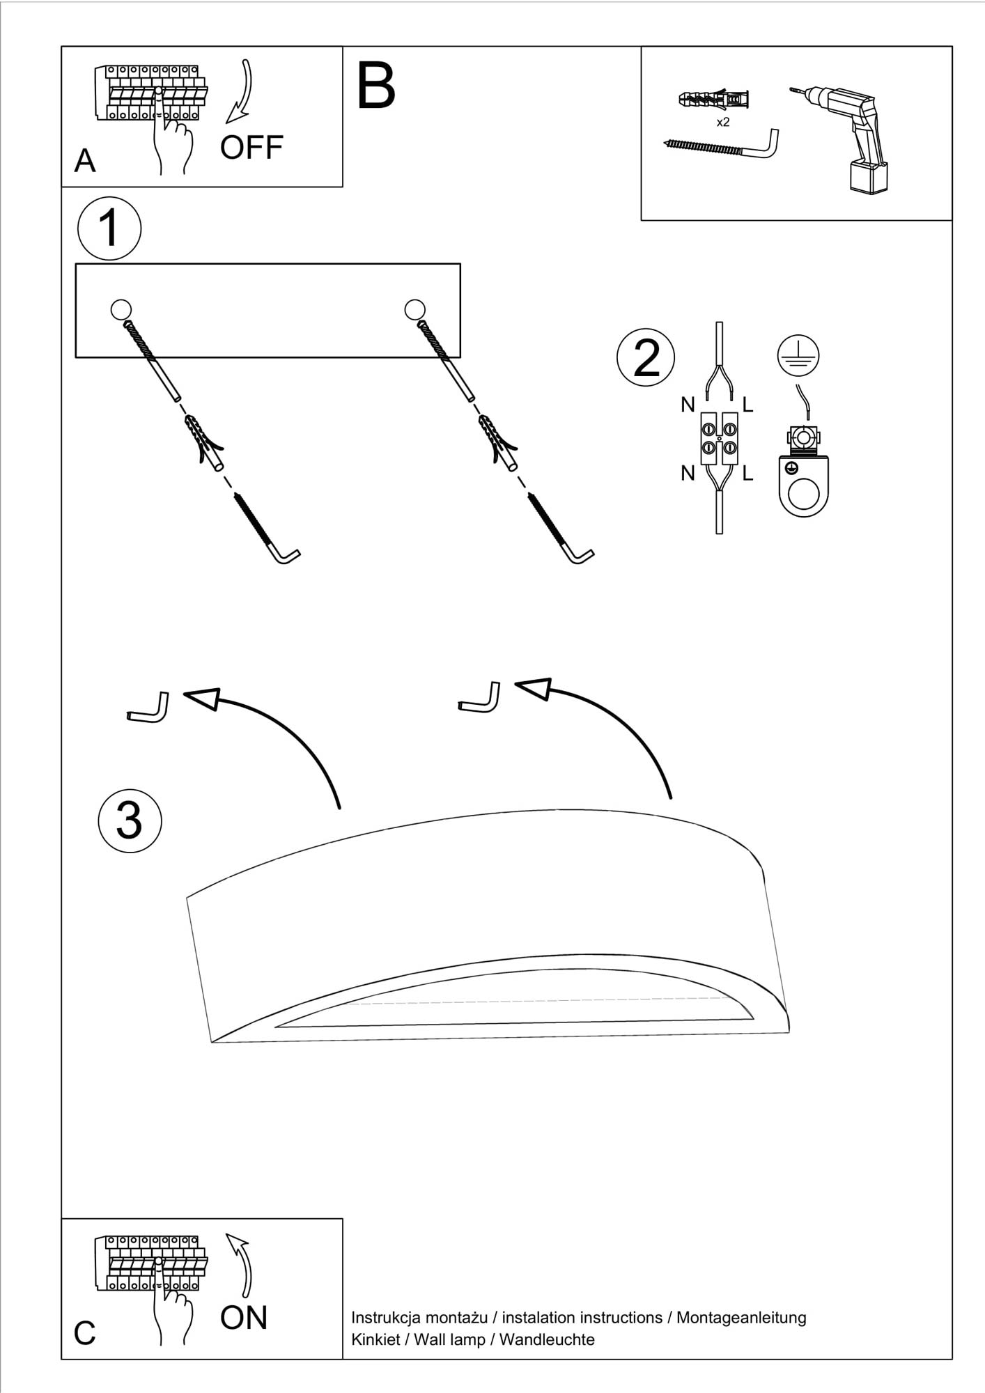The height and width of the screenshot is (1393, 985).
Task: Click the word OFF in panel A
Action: pos(251,147)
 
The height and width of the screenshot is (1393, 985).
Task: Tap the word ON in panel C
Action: pos(244,1318)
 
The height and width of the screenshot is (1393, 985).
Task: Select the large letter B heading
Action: pos(375,86)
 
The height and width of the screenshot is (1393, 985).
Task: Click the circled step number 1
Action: pos(109,228)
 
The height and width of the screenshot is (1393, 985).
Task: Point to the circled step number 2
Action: pos(646,358)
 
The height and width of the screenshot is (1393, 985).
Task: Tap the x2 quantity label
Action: pos(723,123)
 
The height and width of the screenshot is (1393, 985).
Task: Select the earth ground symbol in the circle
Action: pos(798,356)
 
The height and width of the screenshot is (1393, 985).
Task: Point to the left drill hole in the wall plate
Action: pos(121,309)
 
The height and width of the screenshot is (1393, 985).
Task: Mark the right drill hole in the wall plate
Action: pos(414,309)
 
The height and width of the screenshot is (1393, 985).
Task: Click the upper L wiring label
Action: pos(747,404)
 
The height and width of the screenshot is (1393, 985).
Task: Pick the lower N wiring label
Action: pos(688,474)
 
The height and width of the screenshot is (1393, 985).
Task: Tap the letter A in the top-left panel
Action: pos(85,161)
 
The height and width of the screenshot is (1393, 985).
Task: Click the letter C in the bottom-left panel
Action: pos(84,1333)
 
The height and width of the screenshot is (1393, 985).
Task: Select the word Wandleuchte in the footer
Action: pos(547,1339)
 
